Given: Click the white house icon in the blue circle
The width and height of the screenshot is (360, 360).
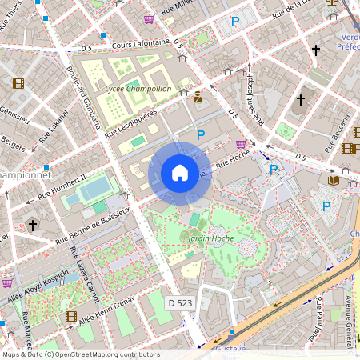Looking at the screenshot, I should point(180,173).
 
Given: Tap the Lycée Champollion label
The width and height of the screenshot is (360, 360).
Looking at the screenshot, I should point(138,89).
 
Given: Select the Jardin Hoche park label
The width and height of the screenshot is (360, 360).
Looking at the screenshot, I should point(210,238).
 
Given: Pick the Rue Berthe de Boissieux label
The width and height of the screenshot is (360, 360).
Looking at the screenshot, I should point(92,226).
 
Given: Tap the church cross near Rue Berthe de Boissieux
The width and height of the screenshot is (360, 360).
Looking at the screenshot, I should point(32,225).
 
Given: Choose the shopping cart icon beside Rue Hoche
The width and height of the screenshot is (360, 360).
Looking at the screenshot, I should point(241,144).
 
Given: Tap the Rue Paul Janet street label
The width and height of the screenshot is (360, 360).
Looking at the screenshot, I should point(317,313).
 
